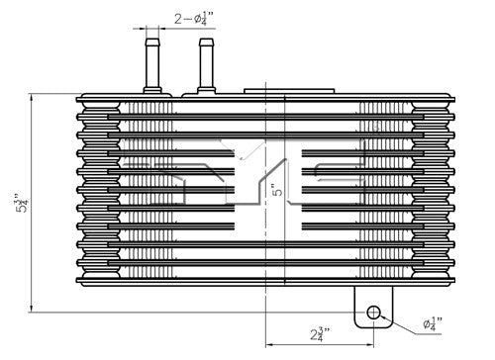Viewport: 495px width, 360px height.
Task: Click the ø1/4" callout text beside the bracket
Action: [x=434, y=323]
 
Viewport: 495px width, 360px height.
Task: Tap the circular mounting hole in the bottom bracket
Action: [x=374, y=314]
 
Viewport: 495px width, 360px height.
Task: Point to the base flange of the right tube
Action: [x=206, y=91]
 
